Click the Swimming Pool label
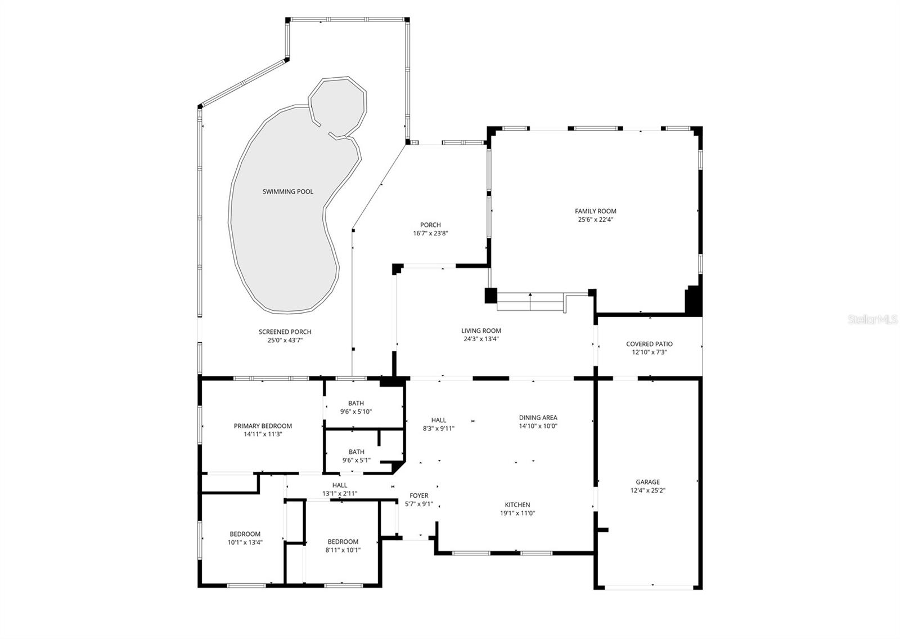tap(287, 191)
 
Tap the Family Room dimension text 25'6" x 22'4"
tap(596, 220)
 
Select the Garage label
tap(647, 482)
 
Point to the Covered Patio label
tap(649, 344)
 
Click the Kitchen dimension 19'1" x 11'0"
tap(517, 513)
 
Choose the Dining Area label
tap(538, 418)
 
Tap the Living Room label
tap(481, 331)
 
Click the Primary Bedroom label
tap(263, 426)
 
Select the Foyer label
tap(419, 495)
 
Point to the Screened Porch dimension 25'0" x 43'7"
tap(285, 340)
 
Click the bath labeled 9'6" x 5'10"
tap(355, 407)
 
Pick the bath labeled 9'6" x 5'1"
tap(356, 455)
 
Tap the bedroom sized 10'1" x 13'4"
tap(245, 538)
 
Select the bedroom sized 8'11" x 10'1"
tap(343, 546)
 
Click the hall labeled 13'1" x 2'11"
tap(340, 489)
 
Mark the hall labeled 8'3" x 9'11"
tap(439, 423)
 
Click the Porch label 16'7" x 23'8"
tap(430, 229)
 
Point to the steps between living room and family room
tap(530, 302)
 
